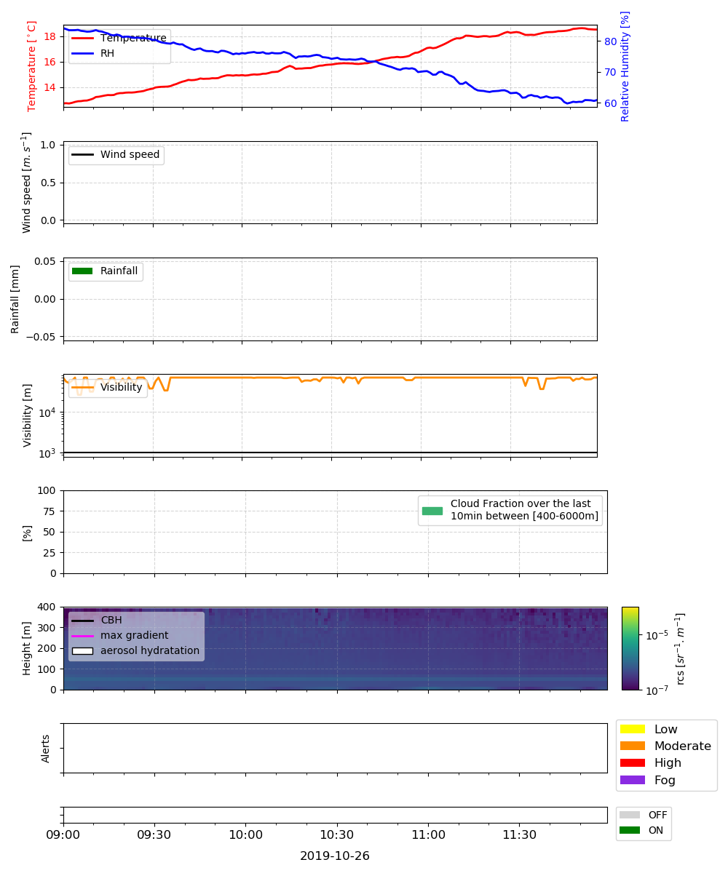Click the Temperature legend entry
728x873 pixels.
tap(119, 38)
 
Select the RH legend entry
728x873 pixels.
tap(92, 53)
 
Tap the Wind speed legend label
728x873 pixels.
tap(130, 154)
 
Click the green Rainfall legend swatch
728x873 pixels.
tap(82, 271)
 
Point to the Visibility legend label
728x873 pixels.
tap(122, 387)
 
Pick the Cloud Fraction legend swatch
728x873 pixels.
tap(432, 511)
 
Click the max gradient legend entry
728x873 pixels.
tap(120, 635)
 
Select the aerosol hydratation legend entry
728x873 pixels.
tap(135, 650)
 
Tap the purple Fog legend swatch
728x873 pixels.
tap(632, 780)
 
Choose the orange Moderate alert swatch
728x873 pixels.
tap(632, 746)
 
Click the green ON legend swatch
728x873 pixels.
tap(630, 830)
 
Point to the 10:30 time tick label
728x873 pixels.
tap(337, 835)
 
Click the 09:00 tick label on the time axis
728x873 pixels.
tap(63, 835)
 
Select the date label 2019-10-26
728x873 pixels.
tap(335, 856)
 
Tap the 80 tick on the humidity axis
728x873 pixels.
tap(611, 41)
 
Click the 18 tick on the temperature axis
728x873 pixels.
tap(50, 37)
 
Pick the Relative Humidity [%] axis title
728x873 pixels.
tap(625, 66)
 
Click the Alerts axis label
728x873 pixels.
tap(45, 749)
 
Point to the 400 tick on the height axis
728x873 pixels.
tap(47, 607)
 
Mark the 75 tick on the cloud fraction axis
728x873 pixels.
tap(50, 511)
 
